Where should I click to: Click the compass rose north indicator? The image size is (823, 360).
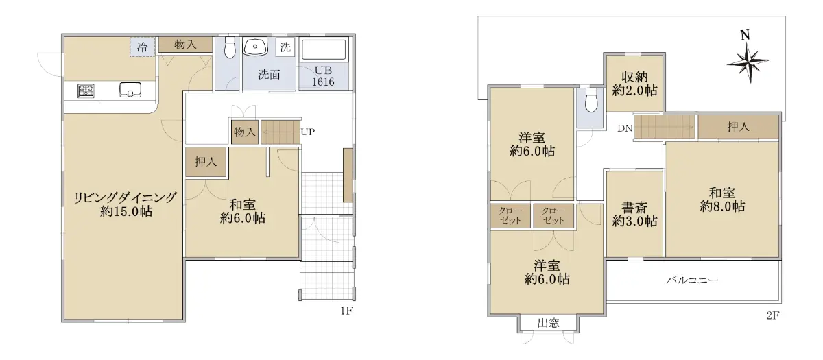click(748, 63)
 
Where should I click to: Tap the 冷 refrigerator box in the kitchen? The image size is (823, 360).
click(142, 47)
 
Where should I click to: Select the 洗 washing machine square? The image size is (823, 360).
click(285, 47)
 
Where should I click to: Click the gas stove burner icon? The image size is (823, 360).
click(86, 91)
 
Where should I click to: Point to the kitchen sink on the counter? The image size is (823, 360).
click(130, 90)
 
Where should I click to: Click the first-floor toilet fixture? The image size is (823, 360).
click(230, 47)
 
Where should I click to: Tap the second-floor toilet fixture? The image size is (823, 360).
click(591, 99)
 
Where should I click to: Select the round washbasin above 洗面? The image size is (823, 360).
click(255, 47)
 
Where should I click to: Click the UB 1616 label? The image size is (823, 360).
click(323, 76)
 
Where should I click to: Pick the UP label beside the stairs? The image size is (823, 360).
click(308, 132)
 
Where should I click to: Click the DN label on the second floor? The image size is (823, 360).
click(625, 128)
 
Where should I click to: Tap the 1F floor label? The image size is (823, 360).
click(346, 311)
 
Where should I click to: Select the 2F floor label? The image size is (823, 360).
click(772, 315)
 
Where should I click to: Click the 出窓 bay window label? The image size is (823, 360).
click(548, 323)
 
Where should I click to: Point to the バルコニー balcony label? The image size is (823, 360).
click(692, 280)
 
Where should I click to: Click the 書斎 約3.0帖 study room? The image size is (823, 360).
click(634, 215)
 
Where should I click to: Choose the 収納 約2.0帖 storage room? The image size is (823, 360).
click(634, 84)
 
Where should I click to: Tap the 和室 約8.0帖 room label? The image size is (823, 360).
click(722, 200)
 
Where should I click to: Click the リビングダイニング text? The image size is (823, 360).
click(126, 197)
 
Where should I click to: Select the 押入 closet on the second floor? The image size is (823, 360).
click(738, 127)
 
